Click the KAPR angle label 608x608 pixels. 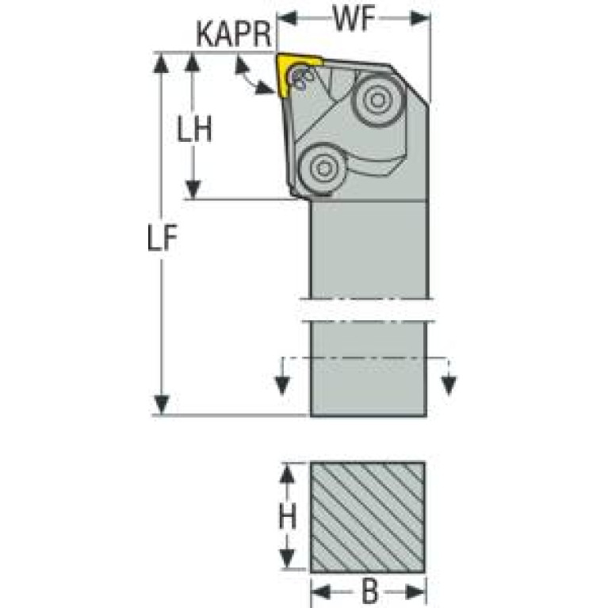pos(233,34)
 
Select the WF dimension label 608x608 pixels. pos(354,18)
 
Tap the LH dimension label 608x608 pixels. pos(194,128)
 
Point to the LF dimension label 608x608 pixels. pos(162,237)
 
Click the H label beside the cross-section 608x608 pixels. pos(287,516)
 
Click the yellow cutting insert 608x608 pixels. pos(296,74)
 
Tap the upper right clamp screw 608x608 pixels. pos(378,99)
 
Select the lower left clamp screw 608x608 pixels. pos(323,168)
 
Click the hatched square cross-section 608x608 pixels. pos(368,517)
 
